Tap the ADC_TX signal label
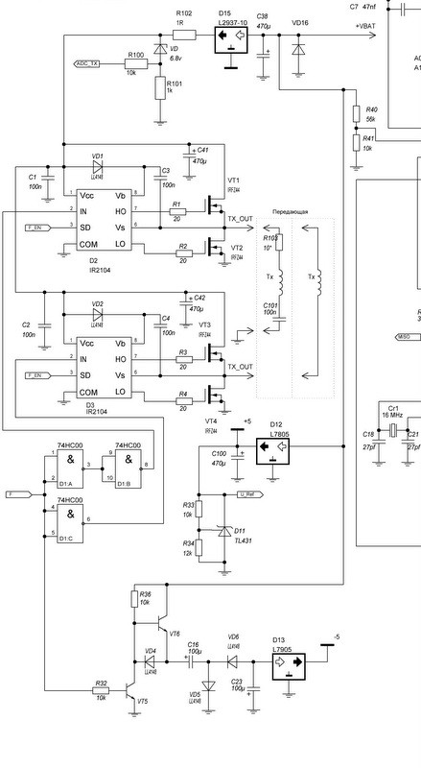tap(89, 63)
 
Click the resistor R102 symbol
tap(185, 35)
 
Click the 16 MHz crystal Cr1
tap(393, 434)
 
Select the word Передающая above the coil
tap(290, 208)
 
